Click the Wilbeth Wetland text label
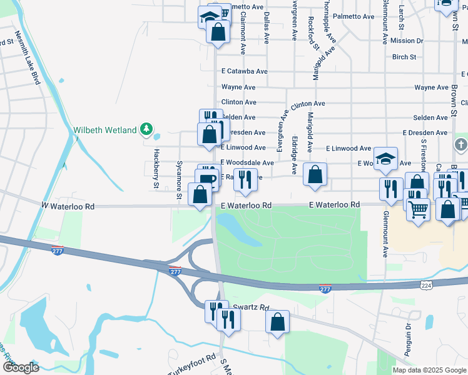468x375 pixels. [105, 130]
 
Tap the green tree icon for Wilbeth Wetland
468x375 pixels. [146, 129]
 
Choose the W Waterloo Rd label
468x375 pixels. [68, 206]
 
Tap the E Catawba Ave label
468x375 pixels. [243, 72]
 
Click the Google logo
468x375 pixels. [21, 367]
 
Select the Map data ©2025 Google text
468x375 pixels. [429, 370]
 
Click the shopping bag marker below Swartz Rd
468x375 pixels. [277, 321]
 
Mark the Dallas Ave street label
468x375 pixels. [267, 27]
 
